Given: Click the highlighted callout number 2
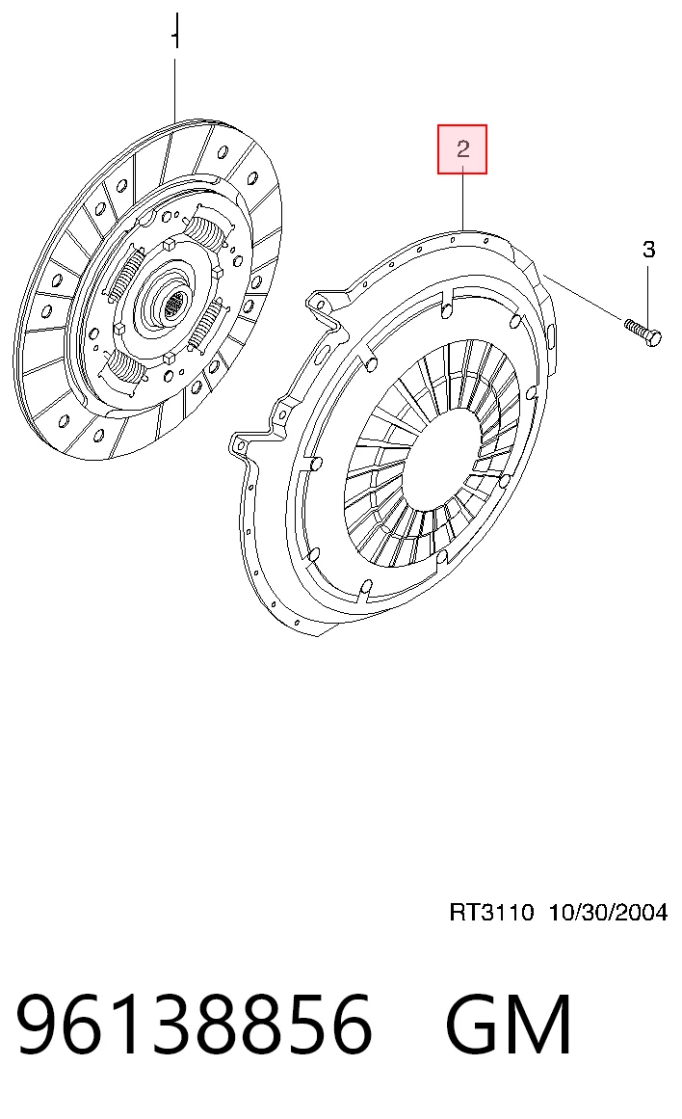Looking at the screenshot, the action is (x=462, y=149).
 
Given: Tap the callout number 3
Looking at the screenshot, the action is (x=648, y=249).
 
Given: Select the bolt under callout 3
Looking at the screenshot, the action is (x=643, y=333).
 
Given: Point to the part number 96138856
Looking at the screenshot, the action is (x=194, y=1025).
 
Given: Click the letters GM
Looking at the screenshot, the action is (x=509, y=1025).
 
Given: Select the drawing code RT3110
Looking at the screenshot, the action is (x=491, y=912).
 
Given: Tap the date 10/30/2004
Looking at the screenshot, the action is (x=608, y=912).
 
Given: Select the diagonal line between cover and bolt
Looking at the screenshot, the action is (x=583, y=296).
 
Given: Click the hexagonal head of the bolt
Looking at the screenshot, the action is (x=652, y=336).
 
